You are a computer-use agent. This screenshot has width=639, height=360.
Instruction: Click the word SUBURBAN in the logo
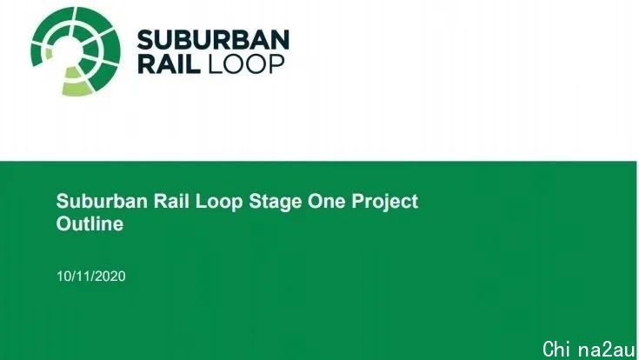213,40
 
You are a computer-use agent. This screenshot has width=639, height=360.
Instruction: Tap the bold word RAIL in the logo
169,63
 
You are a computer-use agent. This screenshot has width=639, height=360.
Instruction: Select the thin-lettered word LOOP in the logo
246,64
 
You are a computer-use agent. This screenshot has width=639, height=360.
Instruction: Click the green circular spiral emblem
76,51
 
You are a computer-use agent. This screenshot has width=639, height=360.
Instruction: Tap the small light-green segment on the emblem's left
49,53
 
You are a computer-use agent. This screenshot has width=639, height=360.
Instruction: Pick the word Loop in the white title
219,202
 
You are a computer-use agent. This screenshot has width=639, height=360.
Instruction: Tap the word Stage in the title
275,203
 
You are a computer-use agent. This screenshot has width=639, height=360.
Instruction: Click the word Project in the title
384,203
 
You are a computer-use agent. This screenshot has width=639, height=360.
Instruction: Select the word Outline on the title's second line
90,223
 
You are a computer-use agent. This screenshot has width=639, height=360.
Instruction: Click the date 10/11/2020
91,277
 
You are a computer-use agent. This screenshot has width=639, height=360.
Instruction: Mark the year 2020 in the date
111,277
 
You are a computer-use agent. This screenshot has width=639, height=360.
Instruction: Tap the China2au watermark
589,350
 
